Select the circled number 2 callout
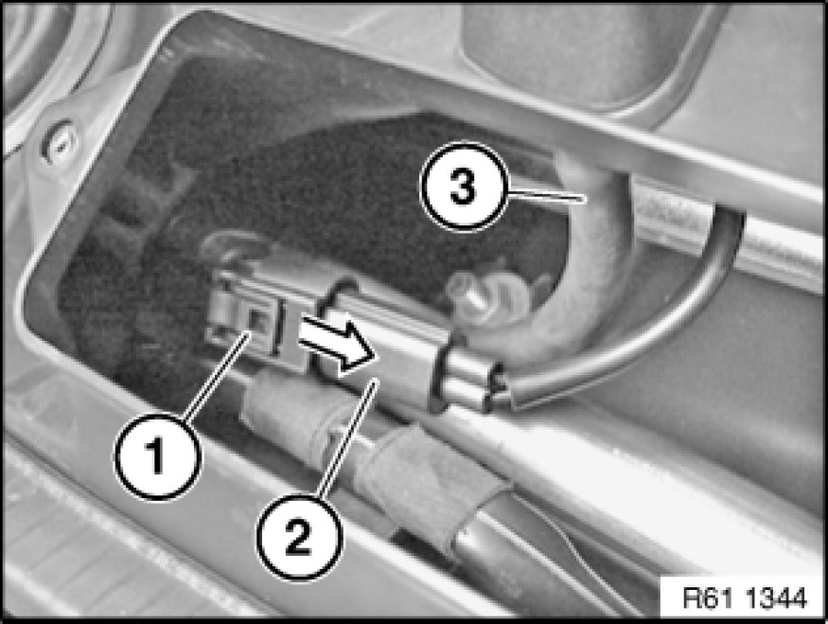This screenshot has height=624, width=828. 299,536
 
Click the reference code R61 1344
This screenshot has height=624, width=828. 744,597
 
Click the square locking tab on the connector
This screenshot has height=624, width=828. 256,321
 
